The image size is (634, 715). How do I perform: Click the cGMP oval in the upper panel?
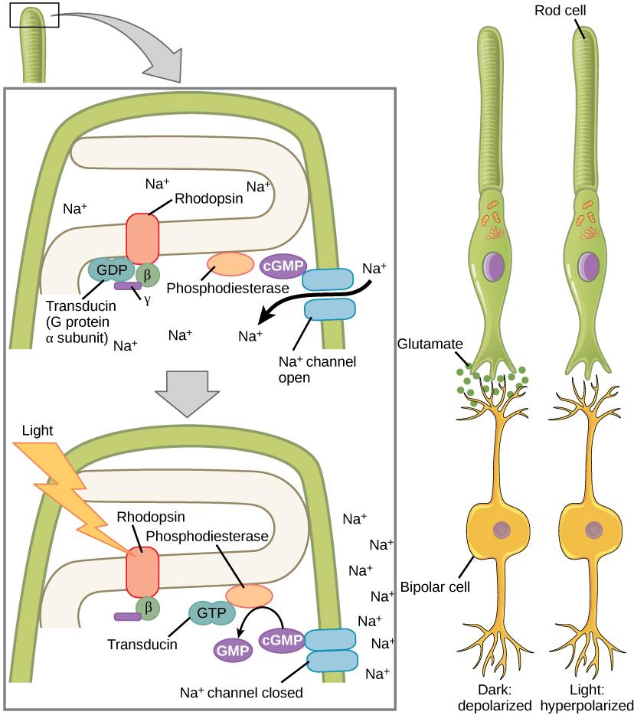click(x=280, y=265)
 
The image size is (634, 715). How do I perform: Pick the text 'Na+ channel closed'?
click(x=241, y=693)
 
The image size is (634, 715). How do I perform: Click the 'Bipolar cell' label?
click(x=434, y=588)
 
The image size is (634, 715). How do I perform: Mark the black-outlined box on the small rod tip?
click(x=34, y=16)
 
